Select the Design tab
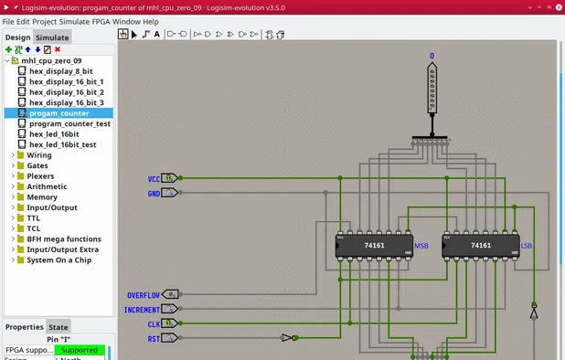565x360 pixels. pyautogui.click(x=17, y=37)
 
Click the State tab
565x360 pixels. pyautogui.click(x=59, y=326)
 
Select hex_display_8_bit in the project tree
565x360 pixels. pyautogui.click(x=60, y=71)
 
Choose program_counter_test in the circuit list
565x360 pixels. pyautogui.click(x=69, y=123)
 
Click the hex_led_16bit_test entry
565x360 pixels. pyautogui.click(x=62, y=144)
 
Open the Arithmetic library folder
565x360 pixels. pyautogui.click(x=47, y=186)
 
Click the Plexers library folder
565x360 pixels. pyautogui.click(x=40, y=176)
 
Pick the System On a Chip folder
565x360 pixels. pyautogui.click(x=59, y=259)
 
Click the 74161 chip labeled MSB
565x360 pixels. pyautogui.click(x=375, y=247)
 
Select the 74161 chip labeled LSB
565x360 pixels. pyautogui.click(x=480, y=247)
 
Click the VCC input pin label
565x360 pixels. pyautogui.click(x=154, y=179)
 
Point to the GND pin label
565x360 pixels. pyautogui.click(x=154, y=194)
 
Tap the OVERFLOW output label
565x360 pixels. pyautogui.click(x=143, y=295)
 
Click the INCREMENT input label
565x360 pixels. pyautogui.click(x=143, y=310)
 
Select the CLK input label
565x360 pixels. pyautogui.click(x=154, y=324)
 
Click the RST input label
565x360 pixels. pyautogui.click(x=154, y=339)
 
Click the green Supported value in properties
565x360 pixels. pyautogui.click(x=79, y=350)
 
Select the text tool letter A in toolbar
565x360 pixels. pyautogui.click(x=156, y=35)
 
